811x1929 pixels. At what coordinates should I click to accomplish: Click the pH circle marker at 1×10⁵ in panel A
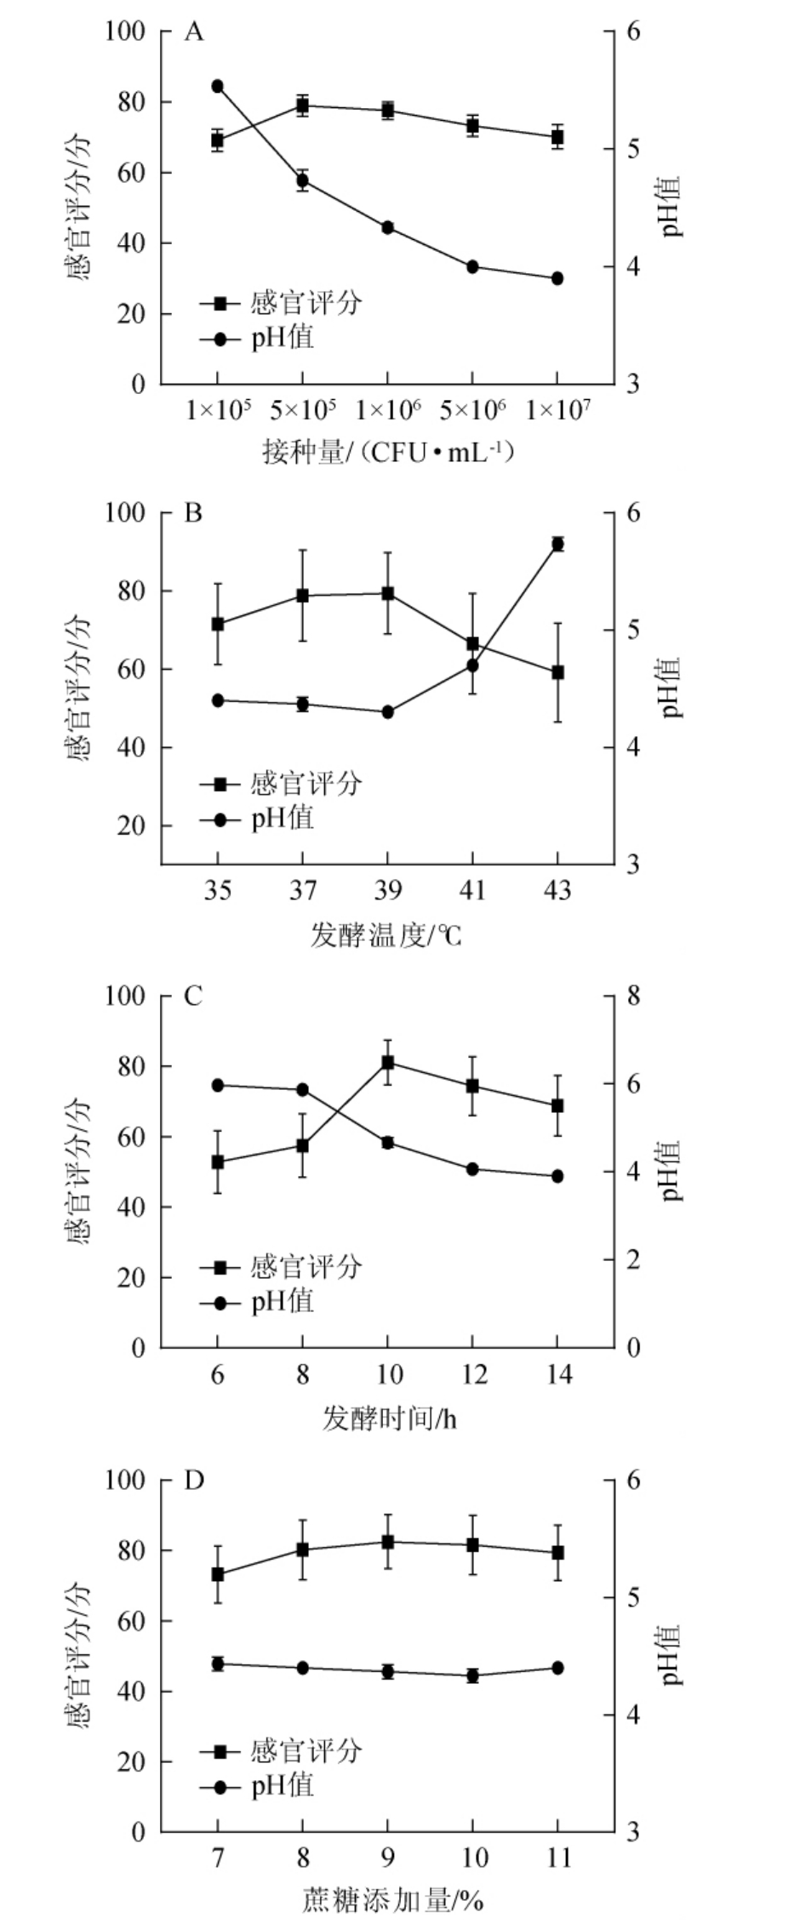tap(217, 86)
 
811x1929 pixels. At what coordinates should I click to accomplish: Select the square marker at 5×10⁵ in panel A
tap(302, 106)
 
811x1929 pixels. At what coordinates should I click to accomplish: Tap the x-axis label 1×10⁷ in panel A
tap(557, 411)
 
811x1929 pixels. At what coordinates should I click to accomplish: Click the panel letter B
tap(194, 514)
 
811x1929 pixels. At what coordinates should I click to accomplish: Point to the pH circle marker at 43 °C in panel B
tap(557, 544)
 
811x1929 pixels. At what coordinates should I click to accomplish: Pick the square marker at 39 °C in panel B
tap(387, 593)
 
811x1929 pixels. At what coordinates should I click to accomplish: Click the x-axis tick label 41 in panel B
tap(472, 891)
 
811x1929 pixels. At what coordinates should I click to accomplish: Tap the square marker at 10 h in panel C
tap(387, 1062)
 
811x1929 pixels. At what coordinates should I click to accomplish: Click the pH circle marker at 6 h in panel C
tap(217, 1085)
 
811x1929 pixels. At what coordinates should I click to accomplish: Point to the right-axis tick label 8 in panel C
tap(634, 996)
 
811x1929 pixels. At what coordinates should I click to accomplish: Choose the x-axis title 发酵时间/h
tap(389, 1418)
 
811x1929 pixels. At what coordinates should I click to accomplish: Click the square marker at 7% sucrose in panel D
tap(217, 1574)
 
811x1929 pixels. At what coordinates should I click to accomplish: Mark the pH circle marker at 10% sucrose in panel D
tap(472, 1675)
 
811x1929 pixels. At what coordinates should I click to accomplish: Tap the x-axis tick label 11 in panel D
tap(557, 1858)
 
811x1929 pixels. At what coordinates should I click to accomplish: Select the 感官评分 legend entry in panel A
tap(281, 303)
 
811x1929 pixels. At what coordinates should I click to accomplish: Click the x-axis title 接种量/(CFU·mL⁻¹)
tap(388, 453)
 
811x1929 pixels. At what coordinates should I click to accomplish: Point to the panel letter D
tap(194, 1481)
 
